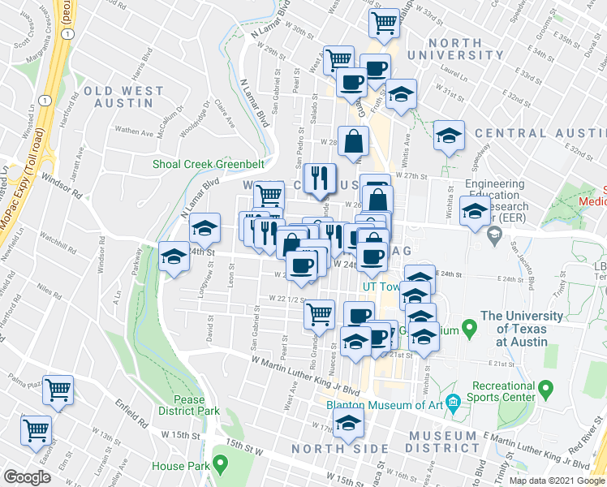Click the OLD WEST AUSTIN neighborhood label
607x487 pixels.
pos(123,92)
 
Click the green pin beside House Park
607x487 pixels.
pos(220,466)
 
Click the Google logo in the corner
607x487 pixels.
pos(27,476)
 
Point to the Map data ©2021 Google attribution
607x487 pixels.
pos(557,481)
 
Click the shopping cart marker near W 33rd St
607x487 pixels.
pos(385,22)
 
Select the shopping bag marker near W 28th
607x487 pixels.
pos(355,141)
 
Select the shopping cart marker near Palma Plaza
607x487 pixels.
pos(58,391)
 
